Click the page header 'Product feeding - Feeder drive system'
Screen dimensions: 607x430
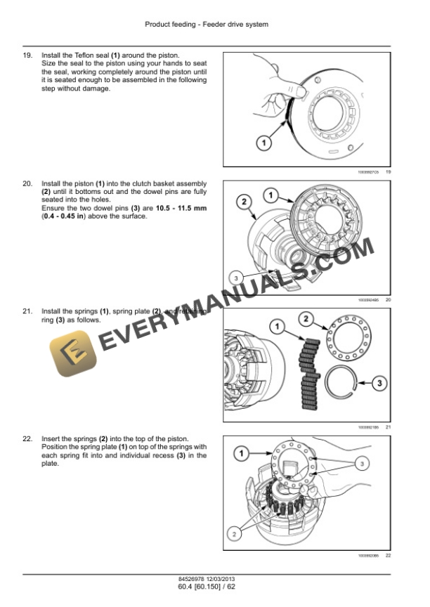(x=207, y=25)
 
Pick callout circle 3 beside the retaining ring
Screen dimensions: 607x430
(x=379, y=384)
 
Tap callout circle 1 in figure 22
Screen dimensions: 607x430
(x=241, y=455)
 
